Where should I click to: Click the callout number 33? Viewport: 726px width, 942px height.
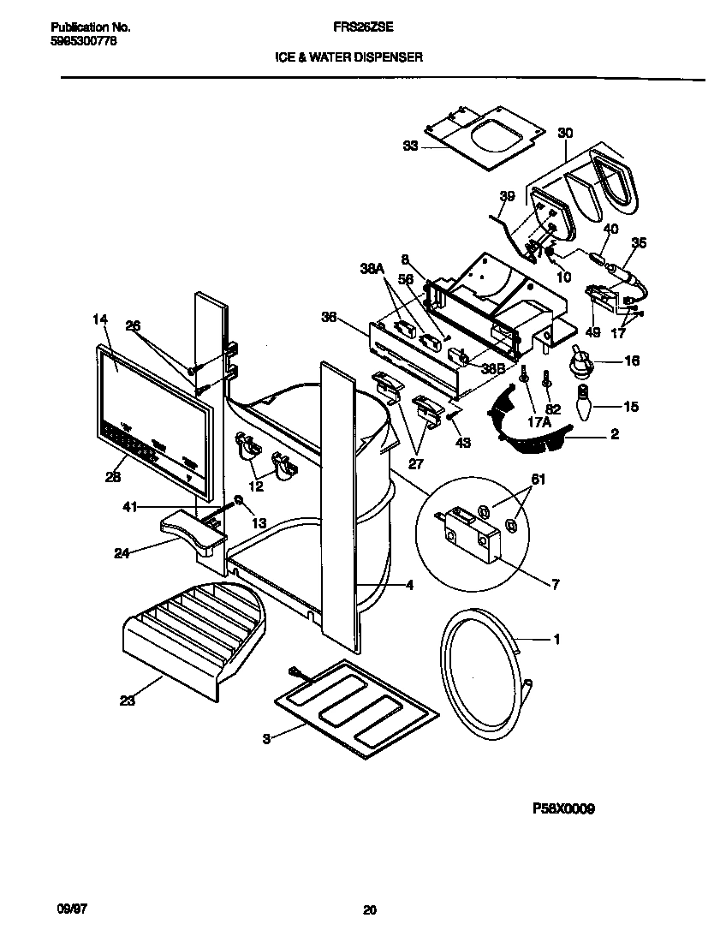[x=410, y=146]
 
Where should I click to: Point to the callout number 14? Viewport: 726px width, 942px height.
[x=100, y=319]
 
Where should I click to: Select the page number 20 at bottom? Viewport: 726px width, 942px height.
[x=369, y=910]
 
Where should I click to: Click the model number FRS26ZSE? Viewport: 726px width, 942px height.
[x=362, y=27]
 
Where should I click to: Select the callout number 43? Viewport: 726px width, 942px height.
[x=464, y=442]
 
